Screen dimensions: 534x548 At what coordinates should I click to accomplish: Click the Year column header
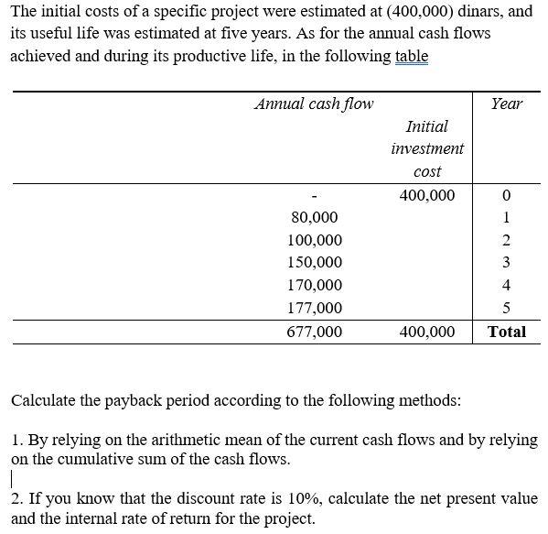506,104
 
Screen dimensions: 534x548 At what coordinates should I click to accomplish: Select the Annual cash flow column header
314,104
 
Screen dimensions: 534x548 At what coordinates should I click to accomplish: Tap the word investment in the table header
427,148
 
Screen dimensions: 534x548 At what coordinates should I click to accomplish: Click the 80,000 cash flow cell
314,218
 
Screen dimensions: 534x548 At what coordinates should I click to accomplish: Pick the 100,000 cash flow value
315,241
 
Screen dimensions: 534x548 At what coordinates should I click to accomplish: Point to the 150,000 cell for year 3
315,263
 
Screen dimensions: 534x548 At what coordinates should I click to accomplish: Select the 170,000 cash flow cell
315,286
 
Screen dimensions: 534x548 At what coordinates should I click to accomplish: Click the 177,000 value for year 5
315,309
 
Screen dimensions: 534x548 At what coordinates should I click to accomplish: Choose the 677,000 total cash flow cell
315,332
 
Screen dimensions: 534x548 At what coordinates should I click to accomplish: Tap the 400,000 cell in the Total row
427,332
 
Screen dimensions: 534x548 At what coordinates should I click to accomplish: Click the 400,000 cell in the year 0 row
427,195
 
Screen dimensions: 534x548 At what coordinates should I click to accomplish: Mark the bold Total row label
507,332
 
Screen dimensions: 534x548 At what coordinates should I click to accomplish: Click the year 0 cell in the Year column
506,196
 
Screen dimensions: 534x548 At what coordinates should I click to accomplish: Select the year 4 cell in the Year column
506,286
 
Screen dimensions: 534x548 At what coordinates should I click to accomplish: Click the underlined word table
411,56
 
